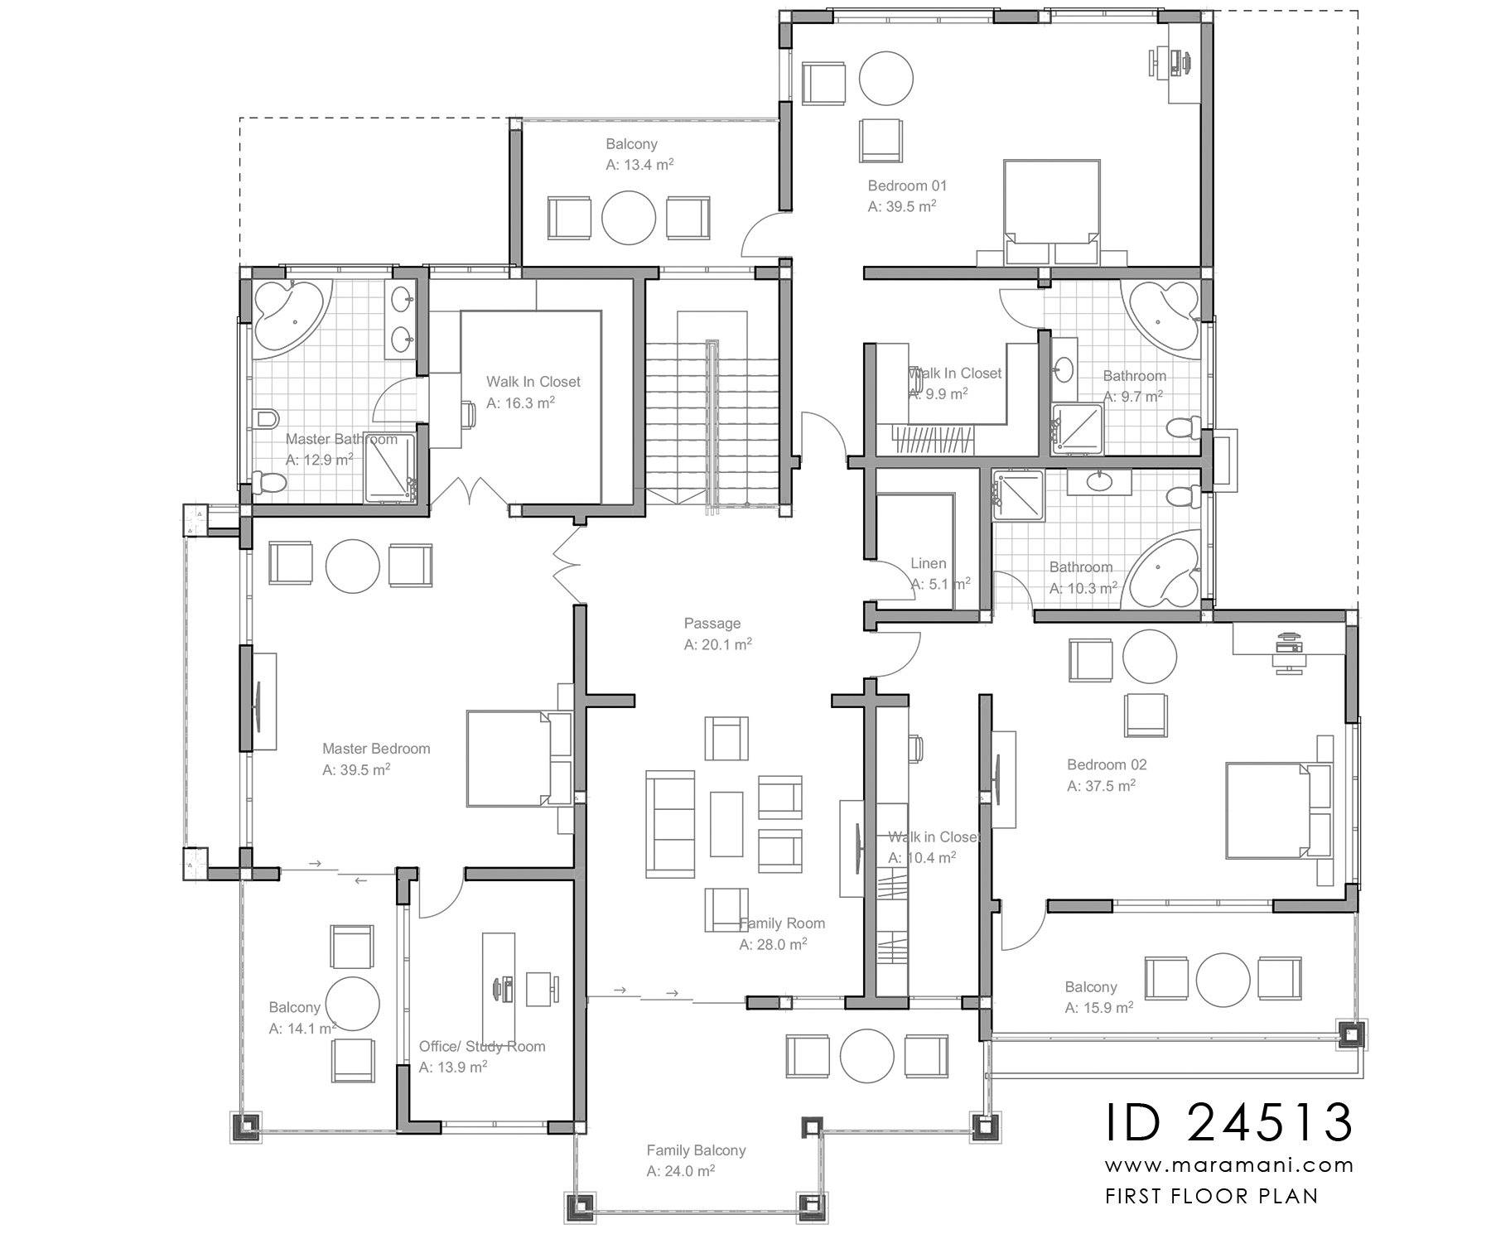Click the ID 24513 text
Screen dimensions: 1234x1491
pyautogui.click(x=1229, y=1123)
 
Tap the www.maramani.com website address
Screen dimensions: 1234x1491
pyautogui.click(x=1229, y=1165)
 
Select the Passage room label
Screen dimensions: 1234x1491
pyautogui.click(x=712, y=624)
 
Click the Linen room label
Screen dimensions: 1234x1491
pyautogui.click(x=928, y=563)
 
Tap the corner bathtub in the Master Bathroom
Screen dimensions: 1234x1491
pyautogui.click(x=286, y=317)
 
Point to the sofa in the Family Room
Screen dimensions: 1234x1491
pyautogui.click(x=670, y=823)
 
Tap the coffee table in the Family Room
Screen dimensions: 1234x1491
pyautogui.click(x=726, y=823)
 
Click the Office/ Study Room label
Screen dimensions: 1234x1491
pyautogui.click(x=481, y=1046)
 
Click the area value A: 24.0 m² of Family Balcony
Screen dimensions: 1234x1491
pyautogui.click(x=680, y=1171)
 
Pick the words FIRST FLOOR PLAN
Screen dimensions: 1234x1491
pyautogui.click(x=1211, y=1196)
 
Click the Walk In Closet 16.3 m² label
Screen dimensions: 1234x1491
pyautogui.click(x=533, y=382)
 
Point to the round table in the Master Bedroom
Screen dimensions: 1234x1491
pyautogui.click(x=353, y=565)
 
